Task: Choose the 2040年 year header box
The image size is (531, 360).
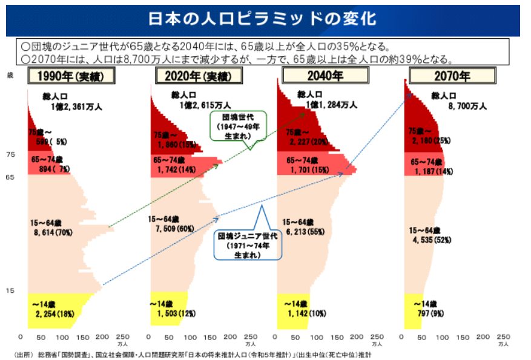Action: point(326,76)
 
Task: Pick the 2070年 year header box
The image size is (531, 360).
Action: point(452,76)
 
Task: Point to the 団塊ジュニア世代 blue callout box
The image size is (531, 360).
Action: point(247,243)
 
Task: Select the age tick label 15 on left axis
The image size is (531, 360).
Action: point(10,292)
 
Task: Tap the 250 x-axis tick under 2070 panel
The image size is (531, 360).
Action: point(502,337)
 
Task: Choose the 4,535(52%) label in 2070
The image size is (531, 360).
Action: point(433,240)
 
